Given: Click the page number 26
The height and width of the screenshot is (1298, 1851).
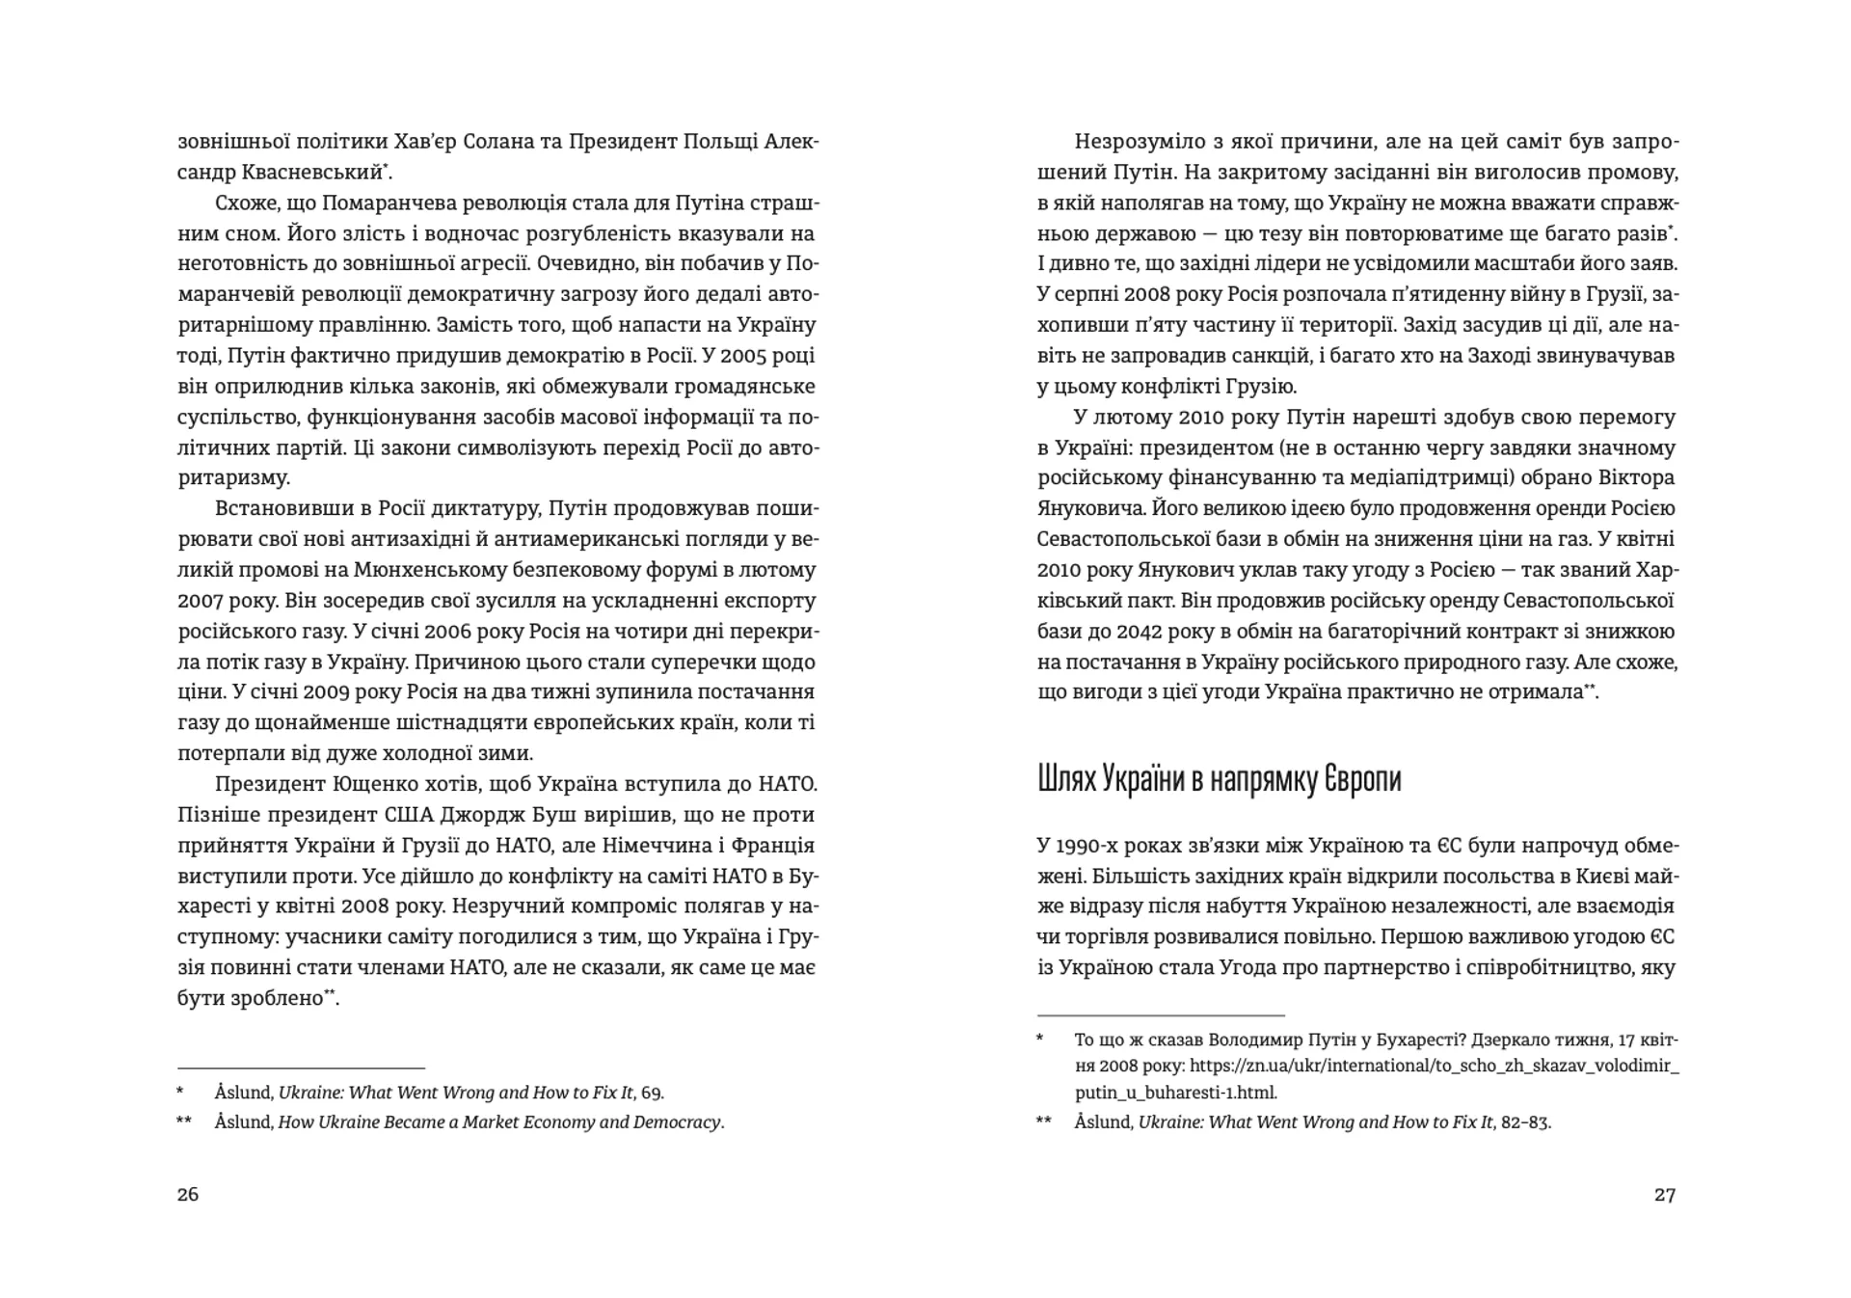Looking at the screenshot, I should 188,1194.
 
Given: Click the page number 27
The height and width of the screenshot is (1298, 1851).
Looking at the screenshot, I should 1665,1194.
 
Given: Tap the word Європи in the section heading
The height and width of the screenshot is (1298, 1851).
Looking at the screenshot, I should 1355,779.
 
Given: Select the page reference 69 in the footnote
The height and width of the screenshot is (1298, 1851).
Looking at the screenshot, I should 652,1093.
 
